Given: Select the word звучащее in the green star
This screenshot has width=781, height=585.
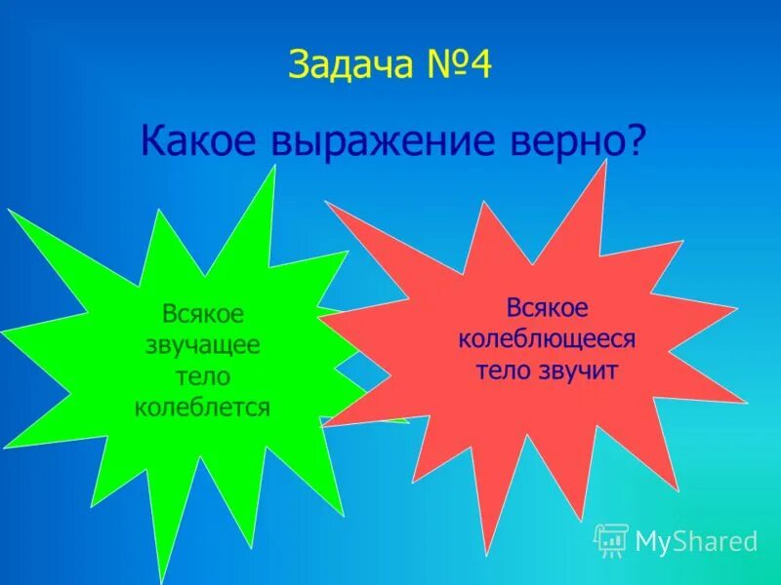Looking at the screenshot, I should [202, 345].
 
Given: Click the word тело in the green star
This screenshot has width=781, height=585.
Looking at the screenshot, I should [202, 376].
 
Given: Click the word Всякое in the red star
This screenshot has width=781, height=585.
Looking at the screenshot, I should [547, 308].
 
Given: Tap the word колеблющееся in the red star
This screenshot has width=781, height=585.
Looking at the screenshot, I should [547, 339].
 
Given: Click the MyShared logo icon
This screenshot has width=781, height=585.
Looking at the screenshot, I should [611, 539].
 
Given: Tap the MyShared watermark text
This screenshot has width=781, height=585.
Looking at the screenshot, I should [696, 540].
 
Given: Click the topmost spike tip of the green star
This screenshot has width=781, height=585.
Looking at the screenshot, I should [274, 167].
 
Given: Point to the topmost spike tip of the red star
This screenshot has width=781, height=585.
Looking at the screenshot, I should [605, 162].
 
